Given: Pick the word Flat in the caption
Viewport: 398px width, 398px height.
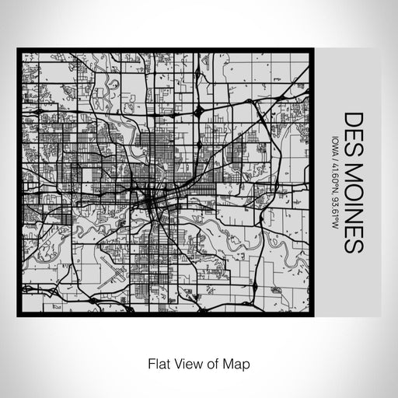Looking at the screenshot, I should [x=155, y=363].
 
